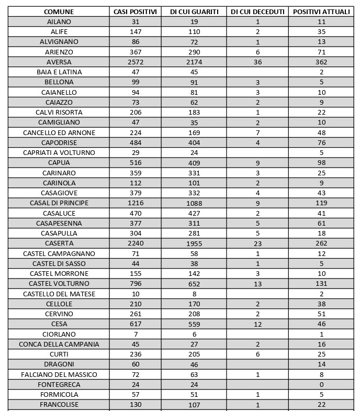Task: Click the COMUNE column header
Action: (x=59, y=12)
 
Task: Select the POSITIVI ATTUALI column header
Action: (x=321, y=12)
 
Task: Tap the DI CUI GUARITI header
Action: (x=195, y=12)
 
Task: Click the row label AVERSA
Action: (x=59, y=62)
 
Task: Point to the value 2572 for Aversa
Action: (x=136, y=62)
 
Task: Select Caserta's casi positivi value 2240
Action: (x=136, y=243)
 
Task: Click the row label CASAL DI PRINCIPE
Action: (x=59, y=203)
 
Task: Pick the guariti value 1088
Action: (x=195, y=203)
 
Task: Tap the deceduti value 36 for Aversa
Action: (x=257, y=62)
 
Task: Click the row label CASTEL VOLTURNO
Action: (x=59, y=284)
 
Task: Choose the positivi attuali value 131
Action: (x=321, y=284)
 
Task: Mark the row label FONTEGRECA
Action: (x=59, y=385)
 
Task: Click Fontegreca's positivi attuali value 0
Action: (x=321, y=385)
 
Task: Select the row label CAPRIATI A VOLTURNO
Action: (x=59, y=153)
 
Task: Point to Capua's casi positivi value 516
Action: (x=136, y=163)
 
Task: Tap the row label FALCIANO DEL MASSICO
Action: (x=59, y=375)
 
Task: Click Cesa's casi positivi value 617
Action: (x=136, y=324)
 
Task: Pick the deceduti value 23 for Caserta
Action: (x=257, y=243)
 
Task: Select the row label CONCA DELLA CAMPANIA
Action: (x=59, y=345)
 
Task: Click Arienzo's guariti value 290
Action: (x=195, y=52)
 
